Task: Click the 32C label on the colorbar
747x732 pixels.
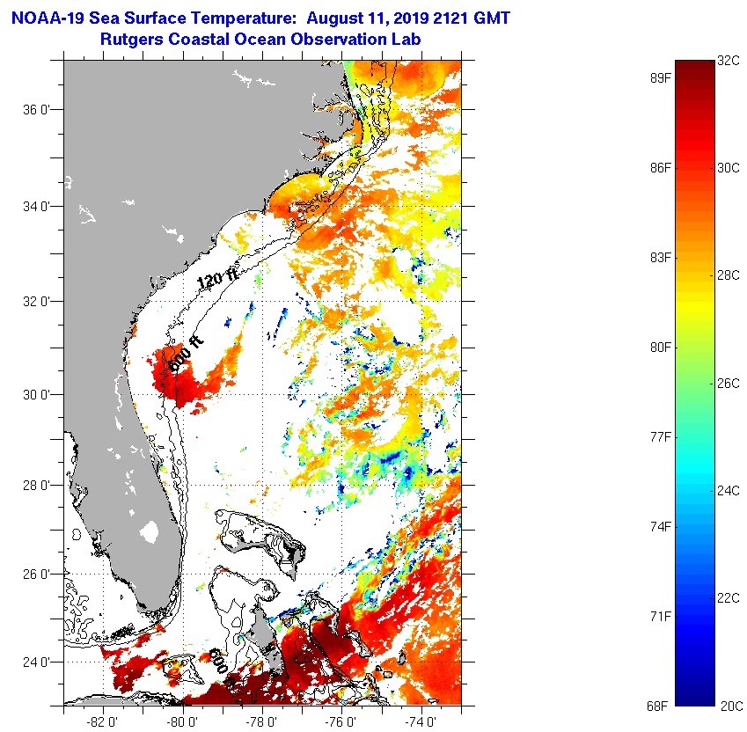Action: point(728,61)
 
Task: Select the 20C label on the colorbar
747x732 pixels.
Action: point(731,705)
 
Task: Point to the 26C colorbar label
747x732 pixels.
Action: point(729,383)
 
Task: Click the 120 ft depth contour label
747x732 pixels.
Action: point(218,281)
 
